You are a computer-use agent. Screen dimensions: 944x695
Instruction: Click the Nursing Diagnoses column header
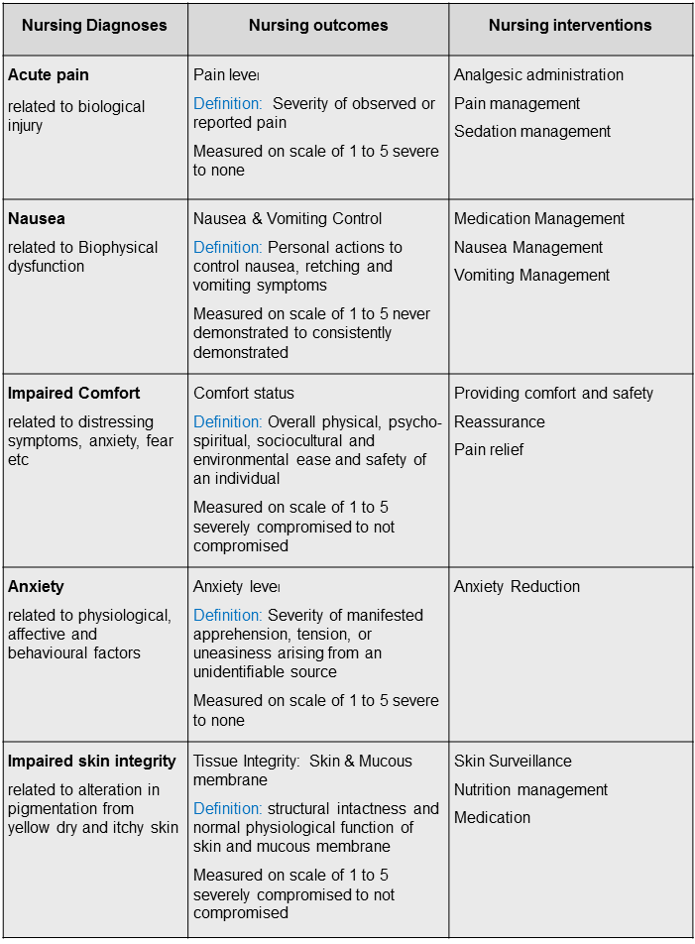94,26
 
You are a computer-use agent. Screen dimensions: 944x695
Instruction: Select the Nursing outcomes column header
317,26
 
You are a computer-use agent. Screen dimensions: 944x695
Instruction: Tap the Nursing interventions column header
570,26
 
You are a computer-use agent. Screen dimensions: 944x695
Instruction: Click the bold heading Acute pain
48,75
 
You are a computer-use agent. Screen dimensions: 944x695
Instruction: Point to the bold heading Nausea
37,219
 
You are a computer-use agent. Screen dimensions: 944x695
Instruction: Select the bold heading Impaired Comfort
74,394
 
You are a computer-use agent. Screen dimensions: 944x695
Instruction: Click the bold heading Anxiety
36,587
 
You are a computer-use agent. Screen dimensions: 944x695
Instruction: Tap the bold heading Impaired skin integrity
92,762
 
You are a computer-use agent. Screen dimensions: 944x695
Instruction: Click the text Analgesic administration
538,75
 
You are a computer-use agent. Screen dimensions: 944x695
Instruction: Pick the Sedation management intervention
532,132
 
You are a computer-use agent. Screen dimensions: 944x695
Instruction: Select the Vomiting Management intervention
531,276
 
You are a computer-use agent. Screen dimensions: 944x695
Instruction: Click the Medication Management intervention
539,219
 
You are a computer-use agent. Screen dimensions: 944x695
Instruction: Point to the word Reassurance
500,422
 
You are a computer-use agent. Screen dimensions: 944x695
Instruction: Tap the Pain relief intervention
489,450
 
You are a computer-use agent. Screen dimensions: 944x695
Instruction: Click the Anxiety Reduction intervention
516,587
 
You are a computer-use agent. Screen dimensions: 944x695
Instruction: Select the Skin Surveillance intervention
513,762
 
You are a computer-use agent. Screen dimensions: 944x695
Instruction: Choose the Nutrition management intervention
530,790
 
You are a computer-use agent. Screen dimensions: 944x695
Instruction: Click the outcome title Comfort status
244,394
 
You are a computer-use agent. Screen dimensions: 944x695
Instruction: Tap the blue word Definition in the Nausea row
227,247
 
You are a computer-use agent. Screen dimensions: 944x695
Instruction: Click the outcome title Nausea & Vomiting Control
288,219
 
